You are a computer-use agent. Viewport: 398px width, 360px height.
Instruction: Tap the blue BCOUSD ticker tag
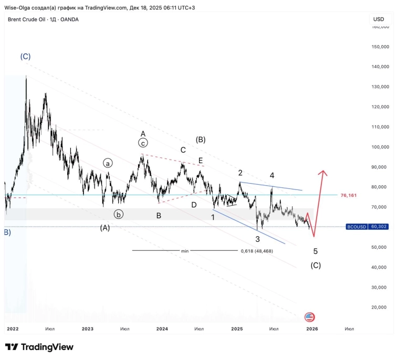357,227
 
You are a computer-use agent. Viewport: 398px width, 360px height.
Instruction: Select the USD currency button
379,19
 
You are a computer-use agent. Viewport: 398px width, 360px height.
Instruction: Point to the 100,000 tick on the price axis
380,147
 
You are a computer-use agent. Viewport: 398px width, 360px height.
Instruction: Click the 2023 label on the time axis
87,329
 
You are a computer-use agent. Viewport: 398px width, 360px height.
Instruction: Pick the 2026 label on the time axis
312,329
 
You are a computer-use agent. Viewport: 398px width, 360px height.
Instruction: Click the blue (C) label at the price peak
25,56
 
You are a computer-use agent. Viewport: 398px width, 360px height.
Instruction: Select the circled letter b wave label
119,214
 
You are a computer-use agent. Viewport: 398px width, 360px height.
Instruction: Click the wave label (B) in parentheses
201,140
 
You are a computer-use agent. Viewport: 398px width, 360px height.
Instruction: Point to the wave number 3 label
257,239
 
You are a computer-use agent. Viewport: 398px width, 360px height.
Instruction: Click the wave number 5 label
315,252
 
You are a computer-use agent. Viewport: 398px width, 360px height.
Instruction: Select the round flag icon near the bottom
309,317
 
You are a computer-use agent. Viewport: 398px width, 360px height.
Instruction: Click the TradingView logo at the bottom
39,347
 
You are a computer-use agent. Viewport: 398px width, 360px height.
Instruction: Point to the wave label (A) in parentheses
105,228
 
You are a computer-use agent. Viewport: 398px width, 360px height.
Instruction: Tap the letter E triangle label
200,161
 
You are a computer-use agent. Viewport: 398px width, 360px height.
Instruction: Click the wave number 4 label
272,175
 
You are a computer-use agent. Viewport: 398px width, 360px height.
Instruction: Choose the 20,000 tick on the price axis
380,308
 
